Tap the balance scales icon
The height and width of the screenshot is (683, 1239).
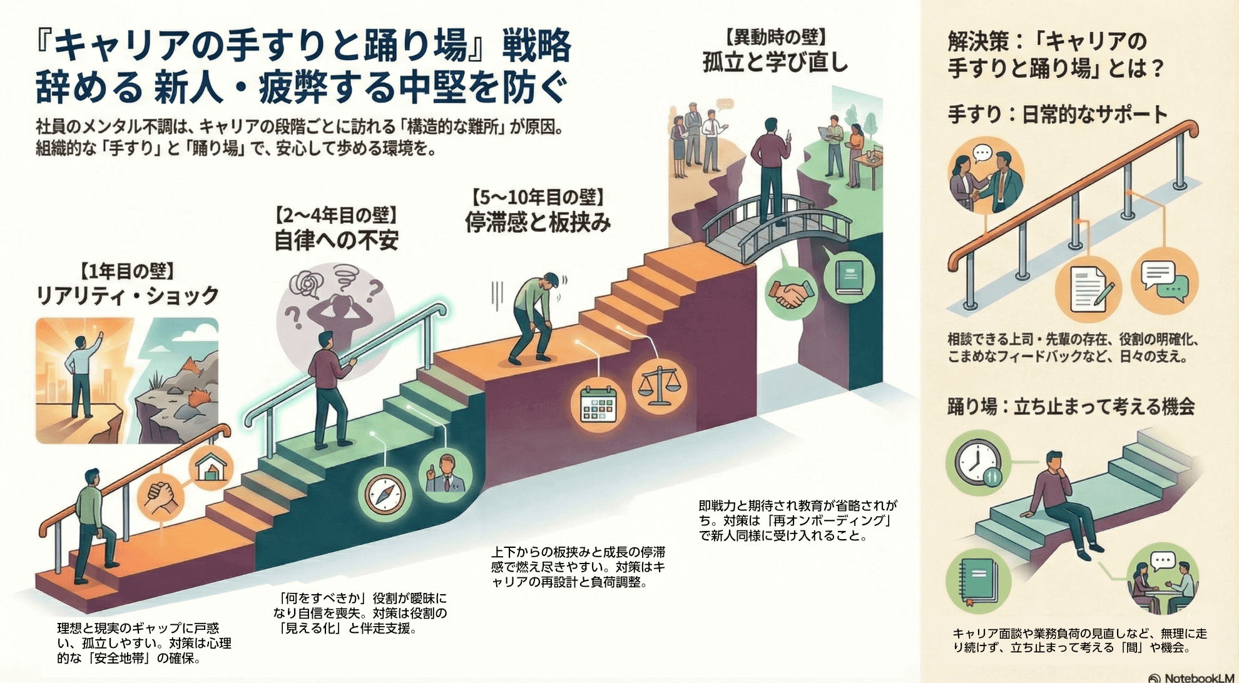click(x=658, y=385)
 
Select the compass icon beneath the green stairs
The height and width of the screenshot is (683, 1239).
click(x=384, y=494)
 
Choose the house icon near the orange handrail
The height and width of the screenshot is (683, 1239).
click(x=211, y=467)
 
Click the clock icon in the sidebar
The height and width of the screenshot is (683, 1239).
click(x=977, y=464)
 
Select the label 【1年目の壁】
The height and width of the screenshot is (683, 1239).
click(x=127, y=271)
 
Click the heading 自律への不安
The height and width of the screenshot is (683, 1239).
click(x=336, y=241)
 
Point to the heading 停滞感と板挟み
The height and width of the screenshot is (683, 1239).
click(x=538, y=222)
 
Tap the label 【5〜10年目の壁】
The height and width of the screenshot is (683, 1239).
click(x=538, y=197)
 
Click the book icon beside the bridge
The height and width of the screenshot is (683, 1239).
click(x=849, y=275)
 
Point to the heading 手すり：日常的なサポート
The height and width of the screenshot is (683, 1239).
click(x=1057, y=114)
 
